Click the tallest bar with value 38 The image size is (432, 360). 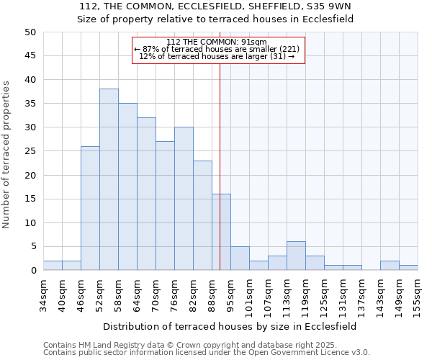(x=109, y=180)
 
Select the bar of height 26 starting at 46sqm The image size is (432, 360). (x=90, y=209)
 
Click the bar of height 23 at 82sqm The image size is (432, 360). (x=202, y=216)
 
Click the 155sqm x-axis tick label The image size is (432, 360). (x=418, y=295)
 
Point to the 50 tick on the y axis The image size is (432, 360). (x=30, y=32)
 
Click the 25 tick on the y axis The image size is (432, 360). (x=30, y=152)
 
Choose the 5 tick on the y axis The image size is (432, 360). (x=32, y=247)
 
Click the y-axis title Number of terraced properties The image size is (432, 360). (x=7, y=155)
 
